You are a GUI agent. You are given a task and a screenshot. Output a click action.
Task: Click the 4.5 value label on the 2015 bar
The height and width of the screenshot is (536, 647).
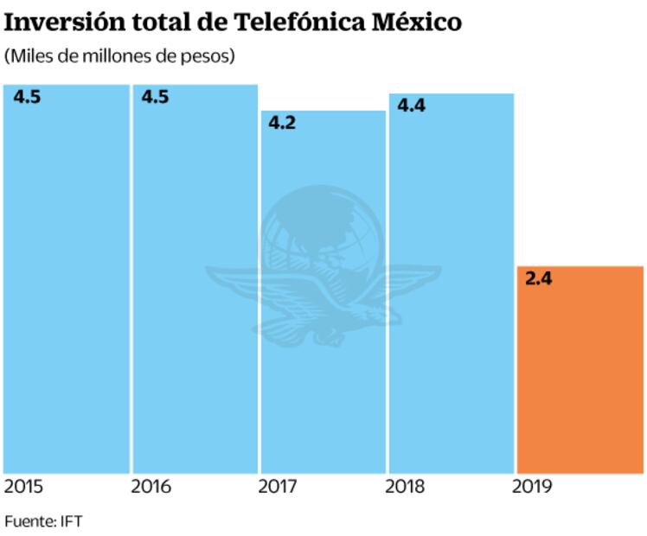[x=27, y=96]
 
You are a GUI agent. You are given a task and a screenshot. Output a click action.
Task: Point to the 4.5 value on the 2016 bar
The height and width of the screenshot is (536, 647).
[x=155, y=96]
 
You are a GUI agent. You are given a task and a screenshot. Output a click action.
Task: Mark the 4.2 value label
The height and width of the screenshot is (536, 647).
[x=282, y=123]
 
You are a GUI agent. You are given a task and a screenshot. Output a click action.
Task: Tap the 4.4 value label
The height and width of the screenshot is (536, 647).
[x=411, y=105]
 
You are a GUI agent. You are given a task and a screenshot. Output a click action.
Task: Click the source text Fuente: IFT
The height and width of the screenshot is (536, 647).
[x=43, y=521]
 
